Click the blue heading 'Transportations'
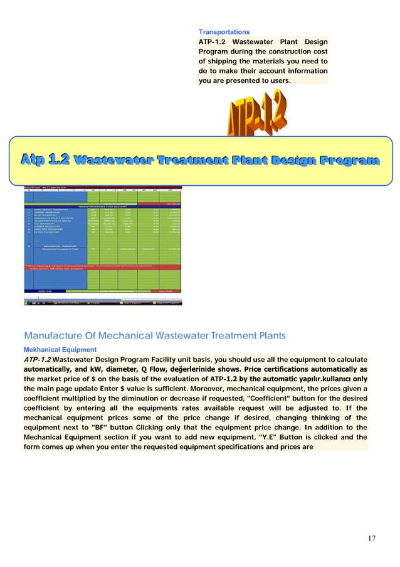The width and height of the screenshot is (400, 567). pos(224,31)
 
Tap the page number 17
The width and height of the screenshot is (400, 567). pos(371,538)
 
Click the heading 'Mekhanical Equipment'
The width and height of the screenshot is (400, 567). pos(60,349)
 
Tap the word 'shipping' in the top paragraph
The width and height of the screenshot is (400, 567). pos(217,62)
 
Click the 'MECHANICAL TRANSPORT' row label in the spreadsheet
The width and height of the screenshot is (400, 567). pos(56,246)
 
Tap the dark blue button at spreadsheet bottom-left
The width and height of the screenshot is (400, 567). pos(43,291)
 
